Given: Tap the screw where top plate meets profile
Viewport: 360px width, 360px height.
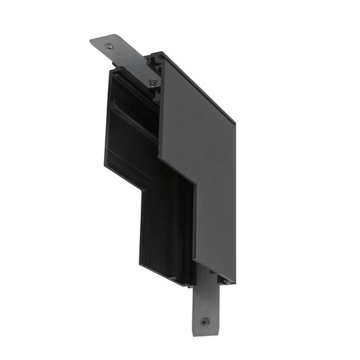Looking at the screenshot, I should [152, 82].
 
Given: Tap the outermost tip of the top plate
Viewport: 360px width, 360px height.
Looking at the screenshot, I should [92, 43].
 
